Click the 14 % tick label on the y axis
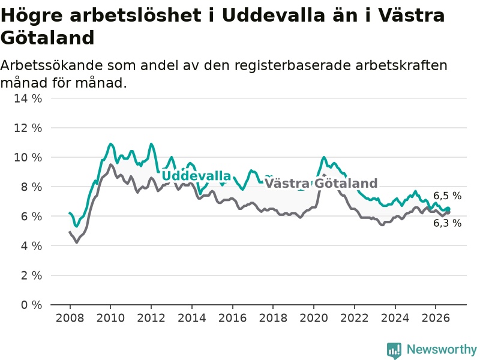coord(28,98)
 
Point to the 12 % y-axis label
coord(28,128)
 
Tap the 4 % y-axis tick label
coord(31,245)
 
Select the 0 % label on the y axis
coord(31,305)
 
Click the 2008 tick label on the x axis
coord(70,318)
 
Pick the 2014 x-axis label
coord(192,318)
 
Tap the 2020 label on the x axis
coord(314,318)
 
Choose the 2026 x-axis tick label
coord(436,318)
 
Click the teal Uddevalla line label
coord(196,176)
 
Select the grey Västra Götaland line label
coord(321,184)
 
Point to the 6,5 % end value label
coord(447,196)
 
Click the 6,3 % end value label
coord(447,223)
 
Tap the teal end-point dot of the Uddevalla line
coord(448,209)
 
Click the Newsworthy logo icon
coord(394,350)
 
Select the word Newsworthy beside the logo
coord(442,349)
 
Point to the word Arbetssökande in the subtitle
coord(52,65)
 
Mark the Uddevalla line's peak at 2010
coord(110,144)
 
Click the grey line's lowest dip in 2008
coord(77,242)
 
